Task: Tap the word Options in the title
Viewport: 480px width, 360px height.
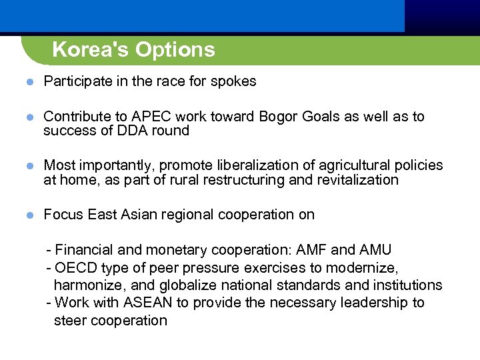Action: (175, 50)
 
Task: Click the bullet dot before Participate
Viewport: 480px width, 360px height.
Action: (29, 82)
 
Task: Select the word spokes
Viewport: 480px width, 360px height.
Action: (233, 82)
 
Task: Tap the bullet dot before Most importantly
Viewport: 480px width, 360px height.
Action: (29, 166)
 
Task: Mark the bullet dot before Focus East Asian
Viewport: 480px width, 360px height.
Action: (29, 215)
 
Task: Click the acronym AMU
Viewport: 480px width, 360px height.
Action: (375, 250)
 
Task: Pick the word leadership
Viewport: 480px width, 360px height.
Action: (375, 303)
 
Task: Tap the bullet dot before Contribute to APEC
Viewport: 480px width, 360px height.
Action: (29, 117)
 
